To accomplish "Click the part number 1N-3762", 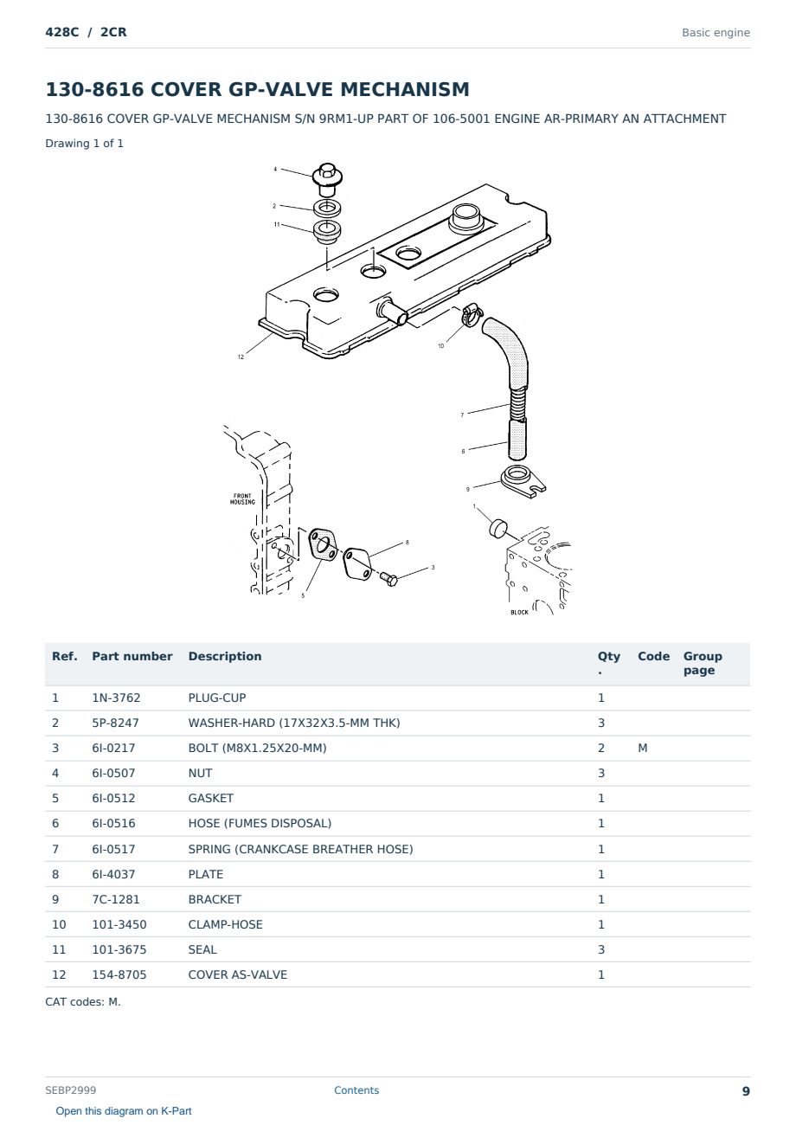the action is tap(116, 697).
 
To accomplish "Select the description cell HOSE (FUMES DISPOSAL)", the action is tap(260, 823).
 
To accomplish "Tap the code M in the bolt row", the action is tap(642, 748).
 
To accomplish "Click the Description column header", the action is tap(225, 656).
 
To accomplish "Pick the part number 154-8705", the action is tap(119, 974).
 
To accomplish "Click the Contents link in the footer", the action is tap(356, 1090).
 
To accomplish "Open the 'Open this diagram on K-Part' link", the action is tap(124, 1111).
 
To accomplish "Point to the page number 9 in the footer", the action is tap(746, 1091).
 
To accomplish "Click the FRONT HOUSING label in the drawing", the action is tap(242, 498).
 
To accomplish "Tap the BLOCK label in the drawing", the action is tap(519, 612).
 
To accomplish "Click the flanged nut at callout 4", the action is tap(327, 179).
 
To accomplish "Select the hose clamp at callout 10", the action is tap(471, 315).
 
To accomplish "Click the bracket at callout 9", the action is tap(523, 481).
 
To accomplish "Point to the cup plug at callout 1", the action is tap(497, 529).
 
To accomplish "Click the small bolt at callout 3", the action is tap(388, 579).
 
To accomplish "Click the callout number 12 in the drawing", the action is tap(241, 357).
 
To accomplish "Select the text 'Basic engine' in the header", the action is tap(716, 33).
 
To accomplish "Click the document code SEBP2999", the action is tap(71, 1090).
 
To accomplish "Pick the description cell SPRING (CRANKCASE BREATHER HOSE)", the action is tap(300, 849).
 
